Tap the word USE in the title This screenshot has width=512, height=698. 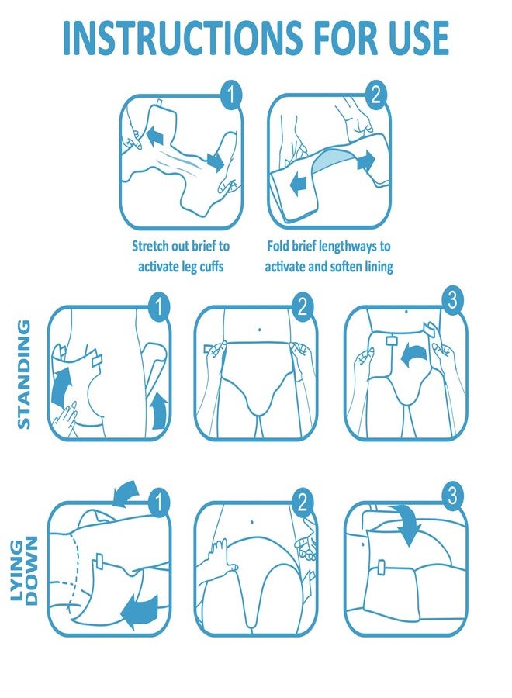418,37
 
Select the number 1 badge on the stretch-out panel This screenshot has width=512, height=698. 231,95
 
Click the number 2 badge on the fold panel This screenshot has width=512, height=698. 376,95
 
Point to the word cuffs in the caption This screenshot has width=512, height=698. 209,266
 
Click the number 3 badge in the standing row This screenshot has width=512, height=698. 452,299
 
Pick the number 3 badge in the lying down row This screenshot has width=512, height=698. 452,496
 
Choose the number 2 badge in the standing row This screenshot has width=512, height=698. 303,306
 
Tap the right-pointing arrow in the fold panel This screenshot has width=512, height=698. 365,161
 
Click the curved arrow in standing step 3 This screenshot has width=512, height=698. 415,356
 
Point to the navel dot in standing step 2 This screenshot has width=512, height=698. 260,330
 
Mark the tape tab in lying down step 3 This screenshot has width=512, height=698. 382,567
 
